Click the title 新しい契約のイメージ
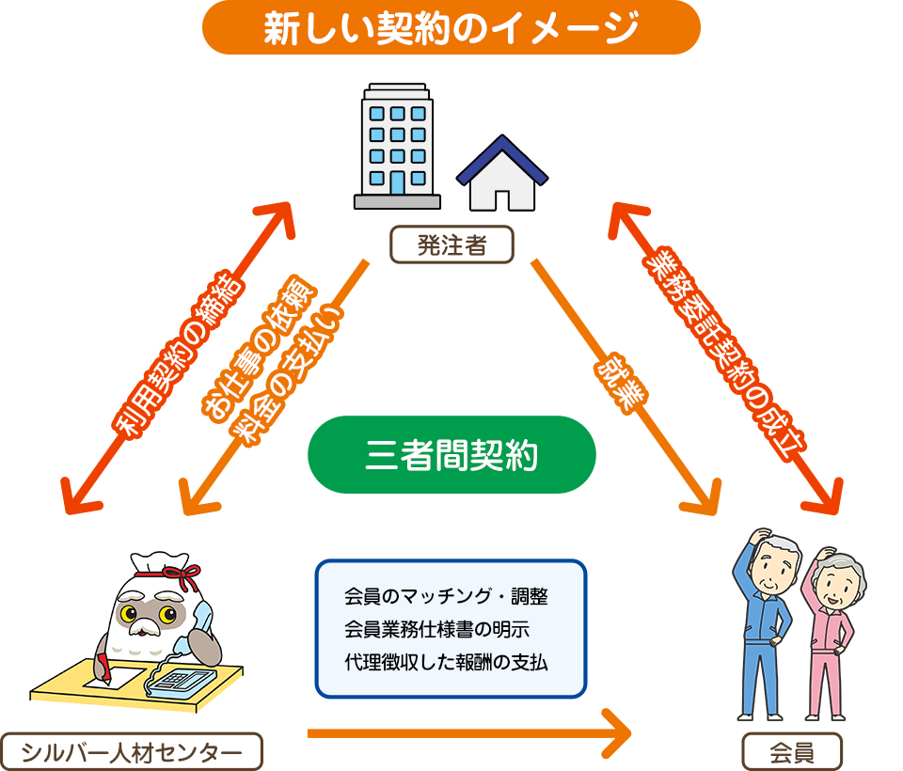(x=451, y=28)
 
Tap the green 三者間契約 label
(x=451, y=455)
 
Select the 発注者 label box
(x=451, y=245)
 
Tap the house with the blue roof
(x=502, y=174)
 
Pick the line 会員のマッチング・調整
(x=447, y=596)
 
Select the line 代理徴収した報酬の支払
(x=447, y=662)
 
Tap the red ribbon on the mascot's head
(x=166, y=571)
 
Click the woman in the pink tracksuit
(x=833, y=630)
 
